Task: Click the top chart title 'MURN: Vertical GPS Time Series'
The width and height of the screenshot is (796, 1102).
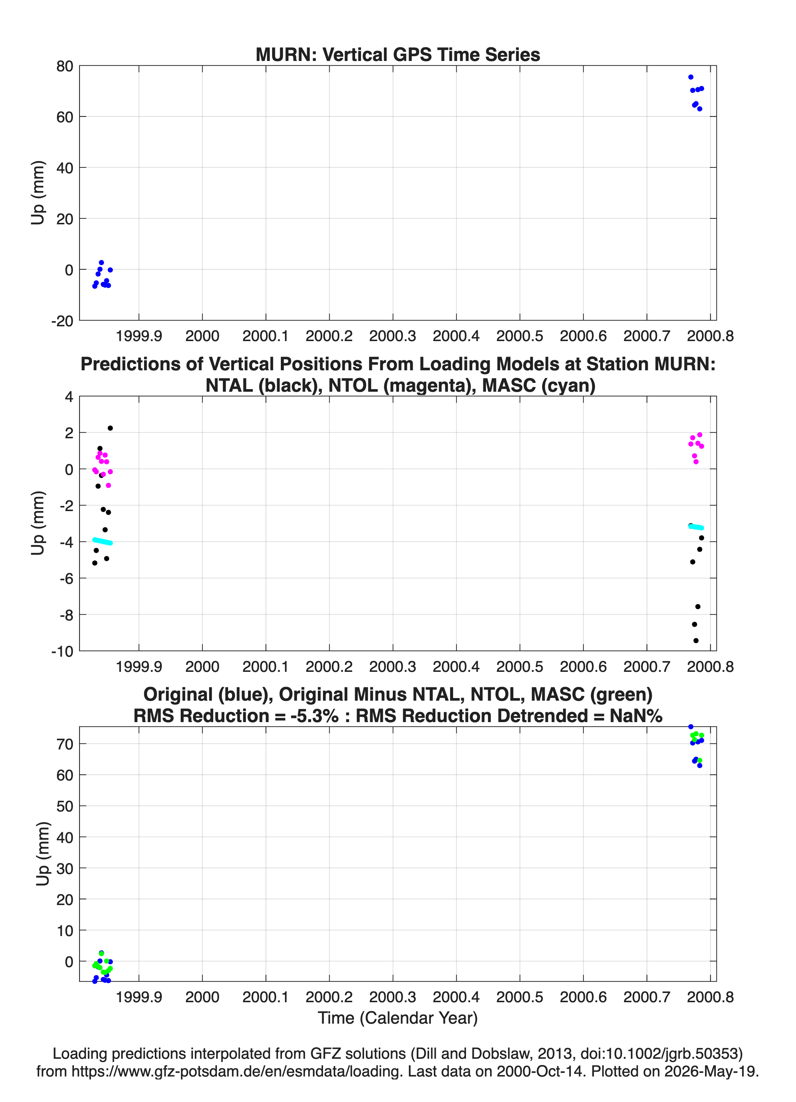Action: (398, 54)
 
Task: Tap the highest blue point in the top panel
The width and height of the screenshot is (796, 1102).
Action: (691, 77)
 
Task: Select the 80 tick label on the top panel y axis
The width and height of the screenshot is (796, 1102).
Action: (65, 66)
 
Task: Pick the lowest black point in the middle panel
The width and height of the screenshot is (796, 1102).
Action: (696, 640)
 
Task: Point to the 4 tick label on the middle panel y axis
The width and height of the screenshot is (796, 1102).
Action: (69, 397)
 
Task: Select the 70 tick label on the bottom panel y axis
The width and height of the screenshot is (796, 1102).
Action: (65, 744)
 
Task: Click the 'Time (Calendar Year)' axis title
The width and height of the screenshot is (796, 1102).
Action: (398, 1017)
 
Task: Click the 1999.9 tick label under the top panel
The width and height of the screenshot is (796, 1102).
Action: (139, 336)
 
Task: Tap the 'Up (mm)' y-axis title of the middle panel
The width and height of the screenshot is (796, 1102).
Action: (38, 523)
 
